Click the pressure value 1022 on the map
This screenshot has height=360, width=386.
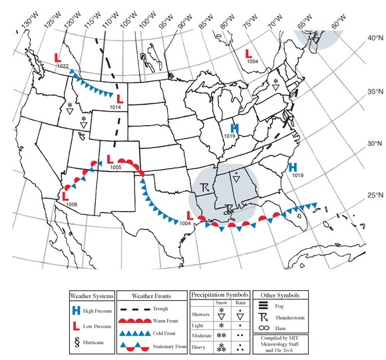pyautogui.click(x=64, y=66)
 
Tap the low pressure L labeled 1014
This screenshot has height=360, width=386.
pyautogui.click(x=119, y=101)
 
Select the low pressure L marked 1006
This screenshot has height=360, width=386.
pyautogui.click(x=65, y=196)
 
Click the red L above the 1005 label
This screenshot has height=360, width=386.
pyautogui.click(x=109, y=160)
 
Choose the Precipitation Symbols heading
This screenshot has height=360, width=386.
pyautogui.click(x=220, y=293)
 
